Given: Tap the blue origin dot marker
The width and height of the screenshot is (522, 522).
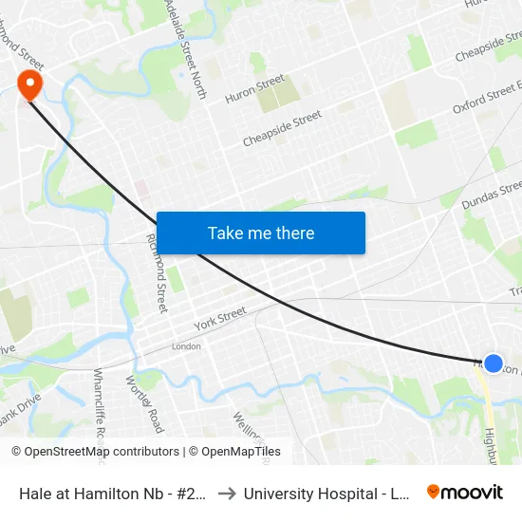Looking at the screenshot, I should pyautogui.click(x=494, y=363).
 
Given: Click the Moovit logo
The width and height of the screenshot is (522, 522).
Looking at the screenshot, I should pyautogui.click(x=465, y=493).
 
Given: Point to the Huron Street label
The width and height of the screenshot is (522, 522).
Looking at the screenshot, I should pyautogui.click(x=255, y=88).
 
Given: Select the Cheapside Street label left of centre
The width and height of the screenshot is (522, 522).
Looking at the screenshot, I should pyautogui.click(x=282, y=128).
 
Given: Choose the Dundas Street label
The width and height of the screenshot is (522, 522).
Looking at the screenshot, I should pyautogui.click(x=492, y=195).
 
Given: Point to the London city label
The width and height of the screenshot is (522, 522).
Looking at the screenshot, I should pyautogui.click(x=186, y=346).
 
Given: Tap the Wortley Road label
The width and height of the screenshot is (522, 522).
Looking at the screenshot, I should pyautogui.click(x=144, y=402).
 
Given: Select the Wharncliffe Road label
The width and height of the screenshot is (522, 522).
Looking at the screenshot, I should pyautogui.click(x=99, y=404).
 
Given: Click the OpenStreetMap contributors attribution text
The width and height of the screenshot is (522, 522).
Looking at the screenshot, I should pyautogui.click(x=95, y=452).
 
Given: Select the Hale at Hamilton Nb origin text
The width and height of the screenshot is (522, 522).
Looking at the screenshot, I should pyautogui.click(x=113, y=494).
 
